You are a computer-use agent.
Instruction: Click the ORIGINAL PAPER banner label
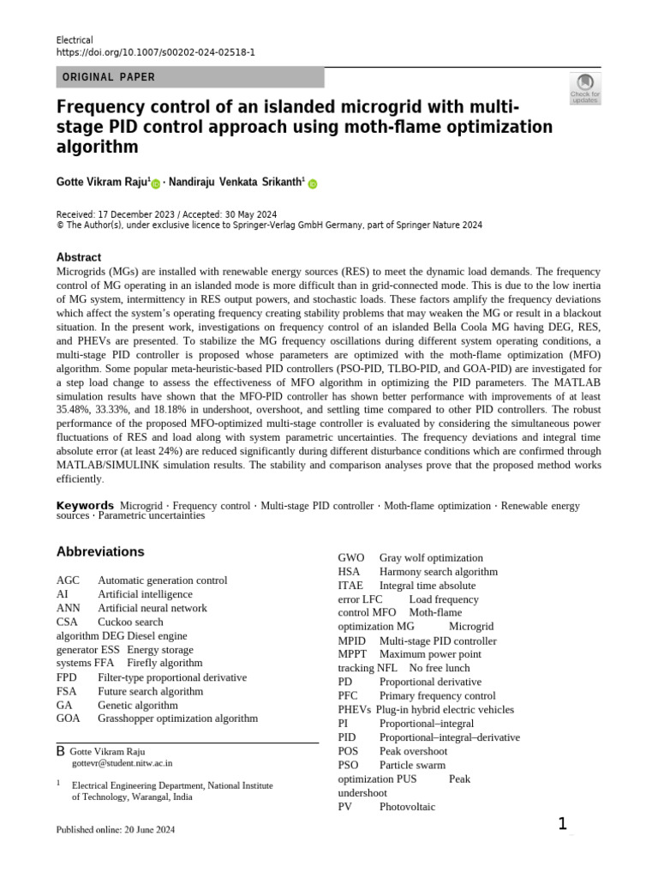[109, 77]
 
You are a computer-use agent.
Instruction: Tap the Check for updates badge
[585, 88]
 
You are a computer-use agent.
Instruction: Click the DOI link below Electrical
[155, 52]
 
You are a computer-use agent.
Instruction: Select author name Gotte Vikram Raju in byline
[103, 183]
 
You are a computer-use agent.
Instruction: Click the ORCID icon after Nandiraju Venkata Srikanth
[313, 183]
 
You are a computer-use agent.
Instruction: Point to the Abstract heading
[79, 257]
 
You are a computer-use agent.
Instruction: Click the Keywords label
[85, 506]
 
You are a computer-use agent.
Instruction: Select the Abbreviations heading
[100, 551]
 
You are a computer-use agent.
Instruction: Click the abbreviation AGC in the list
[69, 580]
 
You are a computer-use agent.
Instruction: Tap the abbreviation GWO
[351, 557]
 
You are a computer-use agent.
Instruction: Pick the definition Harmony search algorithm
[438, 571]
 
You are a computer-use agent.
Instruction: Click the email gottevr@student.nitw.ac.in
[122, 761]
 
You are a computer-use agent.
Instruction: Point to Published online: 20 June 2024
[115, 830]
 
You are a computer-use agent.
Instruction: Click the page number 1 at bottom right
[562, 824]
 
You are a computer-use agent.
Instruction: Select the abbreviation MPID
[352, 640]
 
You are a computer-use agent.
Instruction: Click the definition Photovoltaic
[407, 807]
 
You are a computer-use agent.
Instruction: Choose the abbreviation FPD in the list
[67, 677]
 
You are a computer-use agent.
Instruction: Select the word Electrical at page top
[75, 40]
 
